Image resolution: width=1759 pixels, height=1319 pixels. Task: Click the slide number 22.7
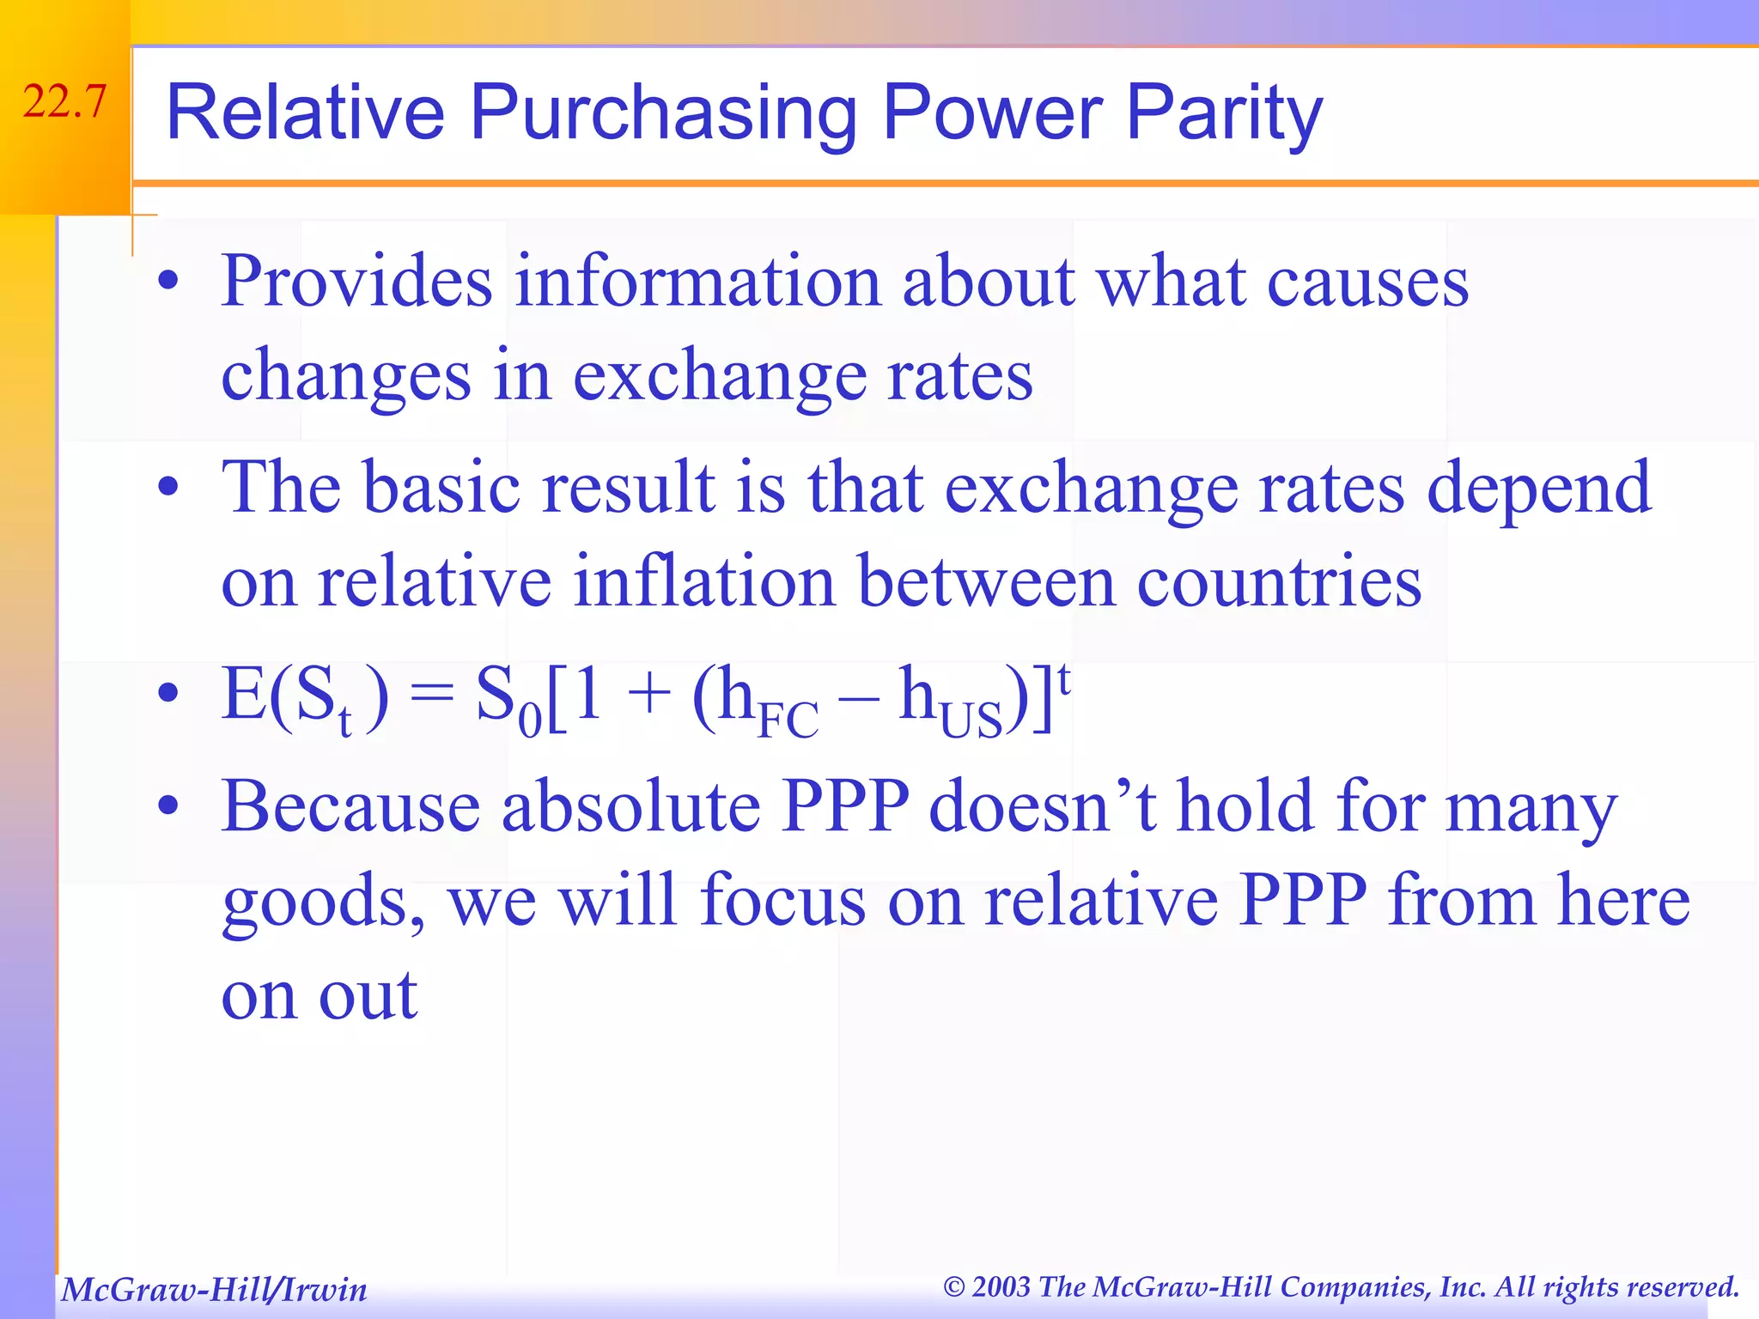click(x=65, y=102)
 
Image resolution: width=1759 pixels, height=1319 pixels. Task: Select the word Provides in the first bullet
click(x=356, y=282)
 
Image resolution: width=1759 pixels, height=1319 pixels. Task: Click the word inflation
click(x=703, y=581)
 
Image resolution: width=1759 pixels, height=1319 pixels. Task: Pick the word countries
click(x=1279, y=581)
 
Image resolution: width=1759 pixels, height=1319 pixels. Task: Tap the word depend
click(x=1538, y=488)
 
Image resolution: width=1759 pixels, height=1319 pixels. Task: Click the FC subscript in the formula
click(x=788, y=720)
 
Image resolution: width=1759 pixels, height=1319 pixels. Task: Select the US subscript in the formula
click(x=971, y=720)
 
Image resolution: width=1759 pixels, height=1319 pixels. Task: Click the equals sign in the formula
click(x=431, y=694)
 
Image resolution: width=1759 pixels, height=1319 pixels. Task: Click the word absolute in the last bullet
click(x=631, y=806)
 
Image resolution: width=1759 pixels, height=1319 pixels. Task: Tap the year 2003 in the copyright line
click(x=1001, y=1286)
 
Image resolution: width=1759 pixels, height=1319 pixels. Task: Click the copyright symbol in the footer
click(x=954, y=1286)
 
